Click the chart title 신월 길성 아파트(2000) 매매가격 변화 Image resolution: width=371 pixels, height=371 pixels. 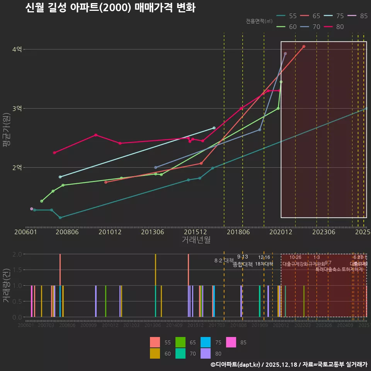point(110,8)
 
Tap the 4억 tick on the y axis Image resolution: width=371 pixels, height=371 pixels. point(17,49)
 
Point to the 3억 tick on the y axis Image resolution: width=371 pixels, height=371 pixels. point(17,109)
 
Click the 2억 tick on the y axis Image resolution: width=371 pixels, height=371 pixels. point(17,168)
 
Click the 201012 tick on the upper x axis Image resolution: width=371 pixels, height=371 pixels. point(110,232)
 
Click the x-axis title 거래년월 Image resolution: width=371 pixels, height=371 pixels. point(196,240)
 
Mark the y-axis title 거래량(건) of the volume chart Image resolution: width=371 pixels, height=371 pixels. point(7,286)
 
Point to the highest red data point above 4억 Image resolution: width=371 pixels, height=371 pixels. point(304,46)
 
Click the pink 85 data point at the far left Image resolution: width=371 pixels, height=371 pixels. point(32,209)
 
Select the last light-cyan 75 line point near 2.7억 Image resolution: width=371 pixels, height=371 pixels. point(214,128)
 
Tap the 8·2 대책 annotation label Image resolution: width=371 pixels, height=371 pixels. point(224,260)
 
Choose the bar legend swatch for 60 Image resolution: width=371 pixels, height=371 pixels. point(155,353)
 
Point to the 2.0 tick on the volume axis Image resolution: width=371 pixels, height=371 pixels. point(17,254)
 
